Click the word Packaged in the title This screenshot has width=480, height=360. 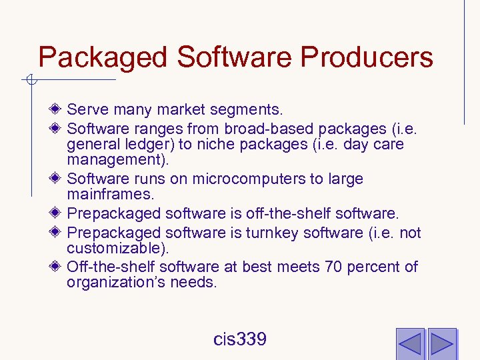(x=103, y=57)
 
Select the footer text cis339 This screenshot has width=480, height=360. (x=240, y=339)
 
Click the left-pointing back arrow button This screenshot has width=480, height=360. (x=410, y=343)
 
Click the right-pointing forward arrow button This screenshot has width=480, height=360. (x=441, y=343)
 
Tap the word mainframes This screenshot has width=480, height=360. (x=109, y=195)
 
